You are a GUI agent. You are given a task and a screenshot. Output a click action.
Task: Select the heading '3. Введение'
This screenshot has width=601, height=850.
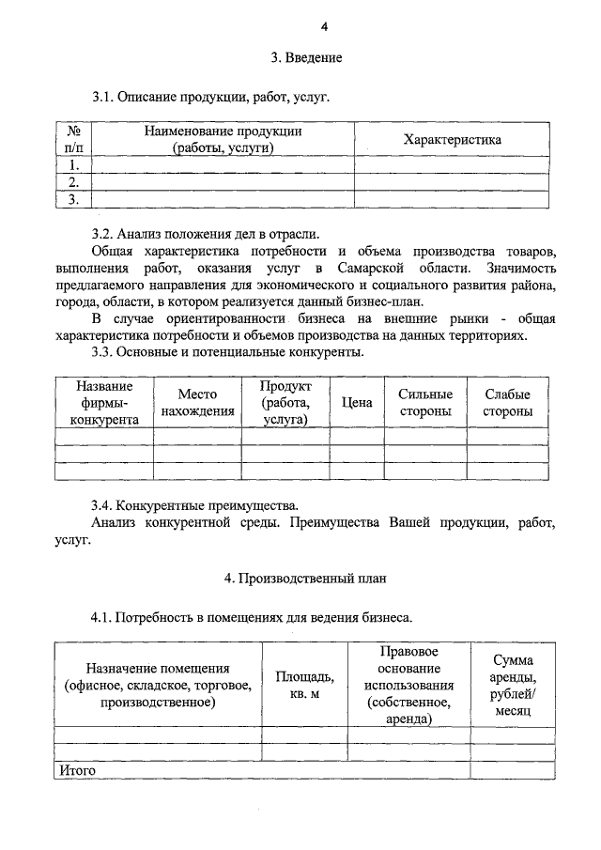307,58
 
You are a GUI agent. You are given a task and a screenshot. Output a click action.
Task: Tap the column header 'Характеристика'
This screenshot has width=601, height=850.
452,140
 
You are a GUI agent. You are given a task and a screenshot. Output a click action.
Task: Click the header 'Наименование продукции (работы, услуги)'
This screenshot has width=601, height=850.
223,140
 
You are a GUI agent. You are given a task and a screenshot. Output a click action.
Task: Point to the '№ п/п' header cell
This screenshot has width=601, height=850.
73,140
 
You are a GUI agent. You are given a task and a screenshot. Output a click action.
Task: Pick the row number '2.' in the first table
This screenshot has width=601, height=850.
73,182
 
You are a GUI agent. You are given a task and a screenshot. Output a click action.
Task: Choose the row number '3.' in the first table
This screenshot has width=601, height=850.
73,199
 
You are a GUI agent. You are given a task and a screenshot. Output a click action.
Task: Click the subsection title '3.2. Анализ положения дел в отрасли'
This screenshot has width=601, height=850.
206,234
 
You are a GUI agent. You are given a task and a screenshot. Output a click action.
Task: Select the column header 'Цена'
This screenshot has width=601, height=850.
357,403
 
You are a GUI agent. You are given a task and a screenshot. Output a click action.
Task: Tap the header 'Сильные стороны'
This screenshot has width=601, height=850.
425,403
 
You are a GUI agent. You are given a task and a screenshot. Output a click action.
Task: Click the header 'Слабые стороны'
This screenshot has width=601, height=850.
507,403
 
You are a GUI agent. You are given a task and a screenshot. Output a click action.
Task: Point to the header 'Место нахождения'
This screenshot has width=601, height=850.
197,403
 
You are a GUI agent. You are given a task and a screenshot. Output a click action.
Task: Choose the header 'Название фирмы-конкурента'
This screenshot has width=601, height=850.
104,403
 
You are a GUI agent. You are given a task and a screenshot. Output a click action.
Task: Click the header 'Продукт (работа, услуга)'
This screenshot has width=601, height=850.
285,403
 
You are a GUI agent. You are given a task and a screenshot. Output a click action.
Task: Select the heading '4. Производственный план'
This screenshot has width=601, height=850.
305,579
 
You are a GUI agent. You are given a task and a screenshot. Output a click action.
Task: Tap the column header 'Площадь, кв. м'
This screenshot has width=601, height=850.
304,685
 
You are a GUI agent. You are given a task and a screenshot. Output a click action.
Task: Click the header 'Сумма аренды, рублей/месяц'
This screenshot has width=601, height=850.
513,686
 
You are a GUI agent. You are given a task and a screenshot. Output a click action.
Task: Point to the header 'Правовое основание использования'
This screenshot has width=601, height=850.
408,685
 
